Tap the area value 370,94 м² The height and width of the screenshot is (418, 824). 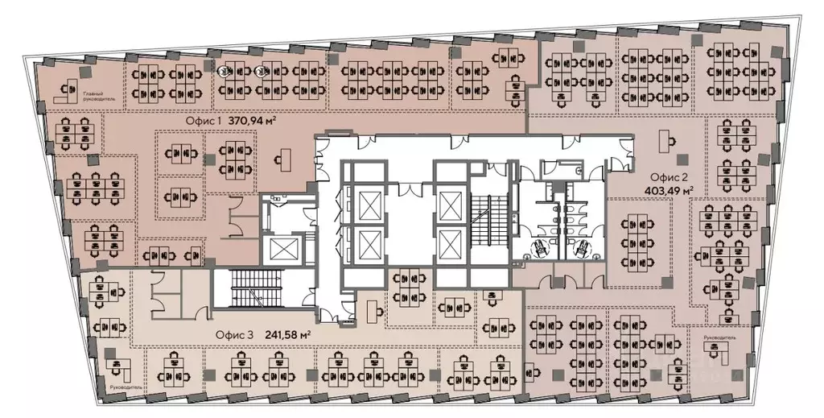pyautogui.click(x=253, y=121)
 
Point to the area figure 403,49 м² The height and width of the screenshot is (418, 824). pyautogui.click(x=669, y=192)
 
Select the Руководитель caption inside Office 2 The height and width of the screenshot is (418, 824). pyautogui.click(x=719, y=337)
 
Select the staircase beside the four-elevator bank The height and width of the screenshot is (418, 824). pyautogui.click(x=485, y=219)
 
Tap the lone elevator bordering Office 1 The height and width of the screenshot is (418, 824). pyautogui.click(x=282, y=250)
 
